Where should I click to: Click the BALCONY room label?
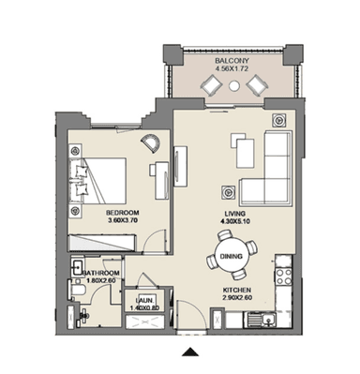tap(232, 61)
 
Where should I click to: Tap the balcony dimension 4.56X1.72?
tap(232, 68)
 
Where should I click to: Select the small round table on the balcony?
tap(233, 85)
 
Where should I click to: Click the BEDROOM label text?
tap(123, 213)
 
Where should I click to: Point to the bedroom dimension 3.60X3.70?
tap(123, 220)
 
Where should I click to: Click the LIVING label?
tap(234, 214)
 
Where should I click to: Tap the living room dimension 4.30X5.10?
tap(234, 221)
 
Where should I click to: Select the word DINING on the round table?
tap(232, 257)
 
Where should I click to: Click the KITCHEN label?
tap(237, 290)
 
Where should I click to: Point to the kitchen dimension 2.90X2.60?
tap(237, 298)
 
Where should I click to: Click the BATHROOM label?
tap(101, 273)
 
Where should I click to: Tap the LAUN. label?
tap(144, 301)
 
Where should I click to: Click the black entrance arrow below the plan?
tap(190, 352)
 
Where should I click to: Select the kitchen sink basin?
tap(268, 320)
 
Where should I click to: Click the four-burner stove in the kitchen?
tap(284, 277)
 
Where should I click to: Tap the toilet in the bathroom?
tap(75, 290)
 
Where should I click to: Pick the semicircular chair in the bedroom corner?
tap(151, 143)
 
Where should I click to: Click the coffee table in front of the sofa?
tap(245, 154)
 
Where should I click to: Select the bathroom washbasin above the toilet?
tap(76, 267)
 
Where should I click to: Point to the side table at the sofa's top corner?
tap(279, 120)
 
